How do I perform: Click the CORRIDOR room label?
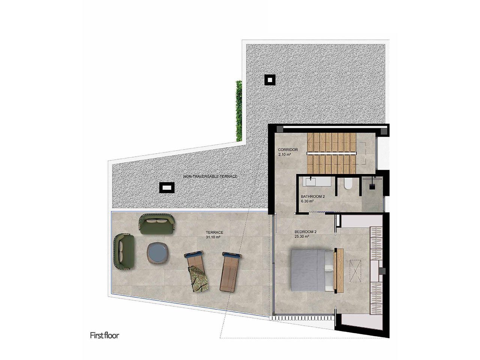point(288,150)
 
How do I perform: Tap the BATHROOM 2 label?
point(313,196)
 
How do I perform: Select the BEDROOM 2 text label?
point(305,232)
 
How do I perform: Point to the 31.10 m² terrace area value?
point(213,237)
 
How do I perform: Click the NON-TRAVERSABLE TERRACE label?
point(210,176)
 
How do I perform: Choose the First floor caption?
point(104,335)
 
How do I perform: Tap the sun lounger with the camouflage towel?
point(196,272)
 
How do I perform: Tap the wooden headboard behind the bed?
point(339,270)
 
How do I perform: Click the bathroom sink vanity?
point(318,182)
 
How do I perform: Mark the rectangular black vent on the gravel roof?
point(166,187)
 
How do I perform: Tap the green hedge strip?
point(239,111)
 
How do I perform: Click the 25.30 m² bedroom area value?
point(301,237)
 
